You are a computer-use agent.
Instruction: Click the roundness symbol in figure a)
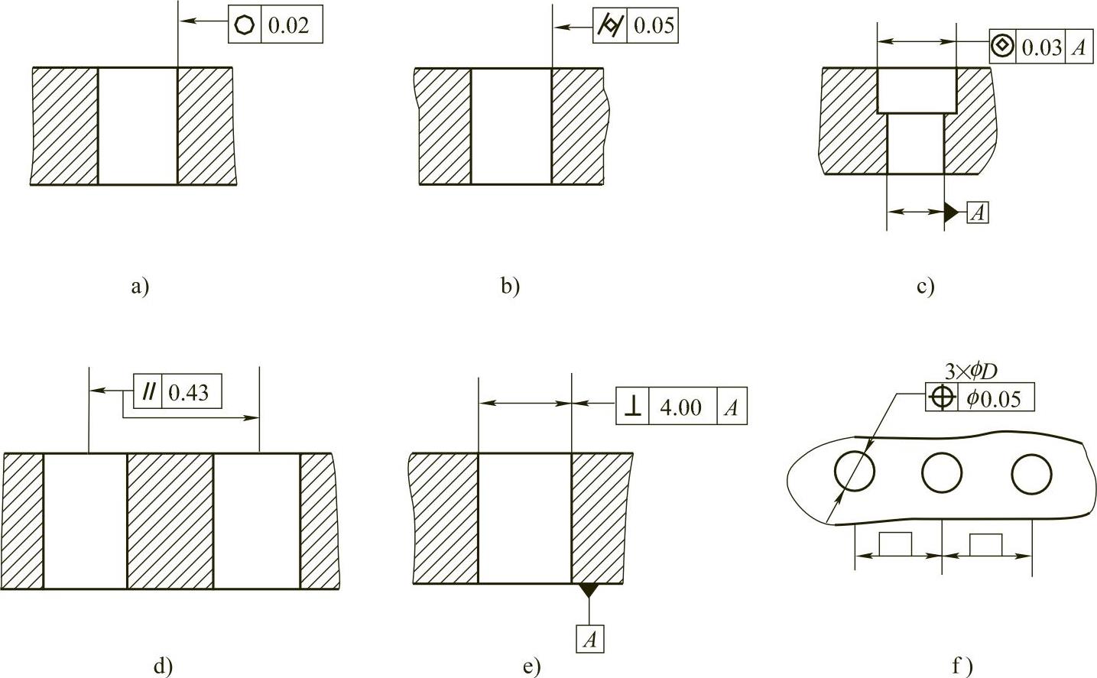pos(245,25)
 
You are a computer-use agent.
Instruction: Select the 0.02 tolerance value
pos(289,25)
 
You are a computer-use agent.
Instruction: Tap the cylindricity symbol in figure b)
pos(609,25)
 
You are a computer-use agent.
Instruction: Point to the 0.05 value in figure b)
pos(654,25)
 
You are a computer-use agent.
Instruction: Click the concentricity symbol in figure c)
pos(1001,46)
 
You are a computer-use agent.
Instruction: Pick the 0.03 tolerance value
pos(1041,47)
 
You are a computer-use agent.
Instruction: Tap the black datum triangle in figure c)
pos(951,212)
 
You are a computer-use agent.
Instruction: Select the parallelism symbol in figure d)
pos(148,392)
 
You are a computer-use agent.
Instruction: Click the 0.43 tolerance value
pos(188,393)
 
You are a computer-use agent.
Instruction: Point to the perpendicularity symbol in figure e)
pos(632,406)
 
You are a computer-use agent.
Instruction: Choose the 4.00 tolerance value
pos(680,407)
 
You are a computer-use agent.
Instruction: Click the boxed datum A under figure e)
pos(589,639)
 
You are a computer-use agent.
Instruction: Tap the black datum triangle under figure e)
pos(589,589)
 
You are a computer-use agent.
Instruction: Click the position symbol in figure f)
pos(943,397)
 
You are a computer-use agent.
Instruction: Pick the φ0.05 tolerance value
pos(993,398)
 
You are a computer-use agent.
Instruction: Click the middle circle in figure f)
pos(942,473)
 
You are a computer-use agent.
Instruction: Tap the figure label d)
pos(163,665)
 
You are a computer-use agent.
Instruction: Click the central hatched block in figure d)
pos(170,521)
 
